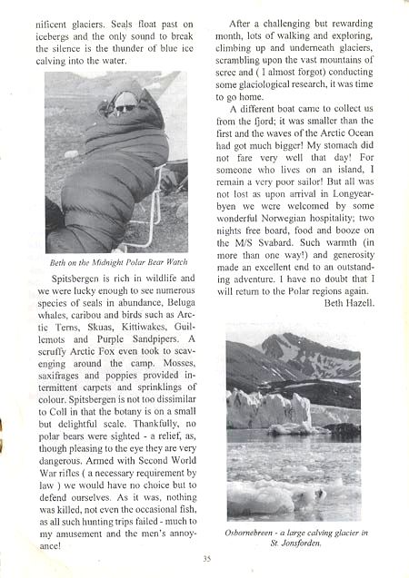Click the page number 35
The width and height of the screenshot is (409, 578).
click(207, 558)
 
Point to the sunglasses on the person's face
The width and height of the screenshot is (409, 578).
click(125, 108)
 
